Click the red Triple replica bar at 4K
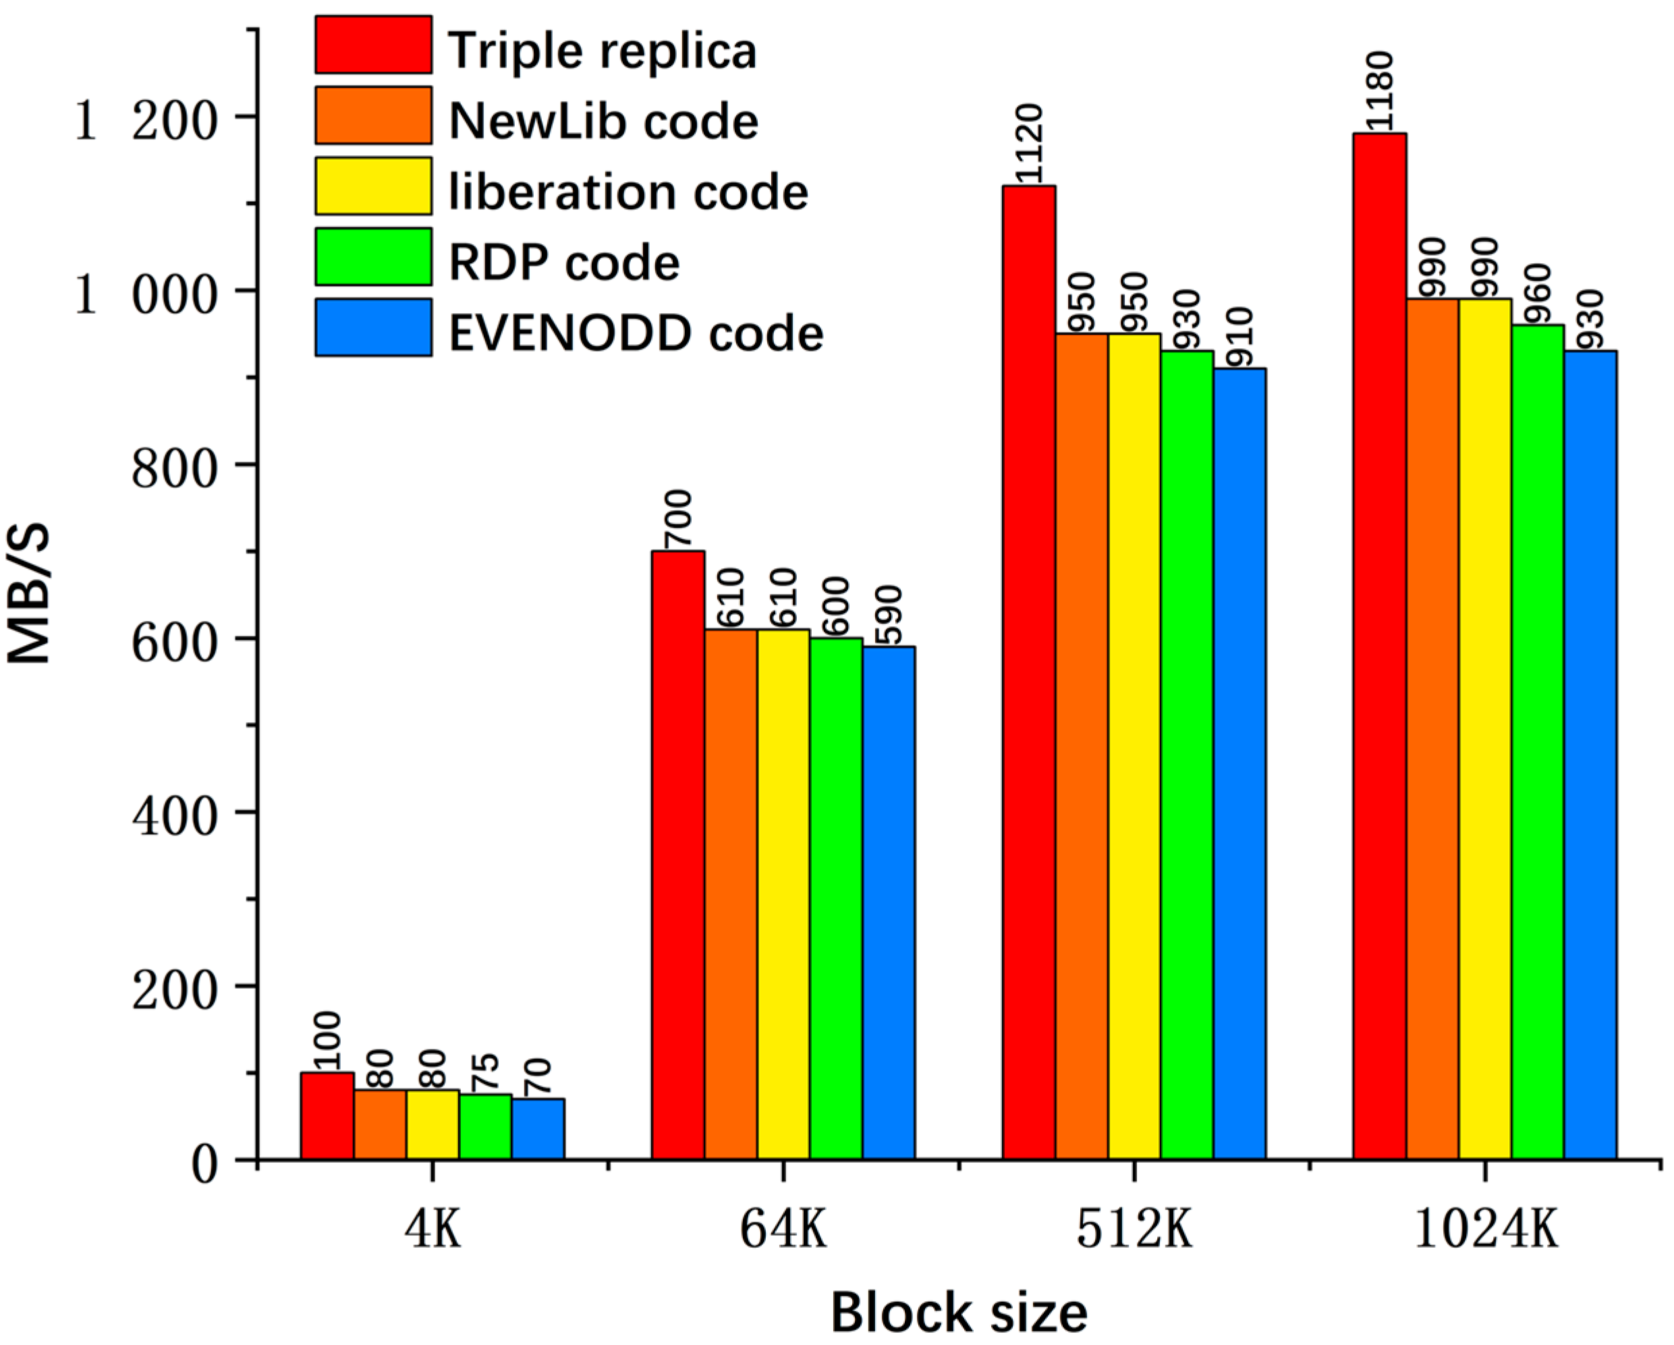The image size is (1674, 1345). [327, 1116]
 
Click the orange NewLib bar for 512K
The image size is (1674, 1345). [1082, 746]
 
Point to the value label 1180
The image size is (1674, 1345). [1380, 92]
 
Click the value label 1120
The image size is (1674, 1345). [1029, 144]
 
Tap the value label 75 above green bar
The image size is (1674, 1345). [485, 1072]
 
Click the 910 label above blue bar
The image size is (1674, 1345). [1240, 337]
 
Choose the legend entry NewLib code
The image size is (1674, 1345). [603, 121]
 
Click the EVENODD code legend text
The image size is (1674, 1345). [635, 334]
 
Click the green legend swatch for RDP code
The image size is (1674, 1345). [374, 256]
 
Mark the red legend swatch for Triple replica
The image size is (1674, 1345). [374, 45]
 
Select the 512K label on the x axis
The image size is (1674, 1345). [1134, 1230]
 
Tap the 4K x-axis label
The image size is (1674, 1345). [433, 1230]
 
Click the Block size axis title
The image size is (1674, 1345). [959, 1313]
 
